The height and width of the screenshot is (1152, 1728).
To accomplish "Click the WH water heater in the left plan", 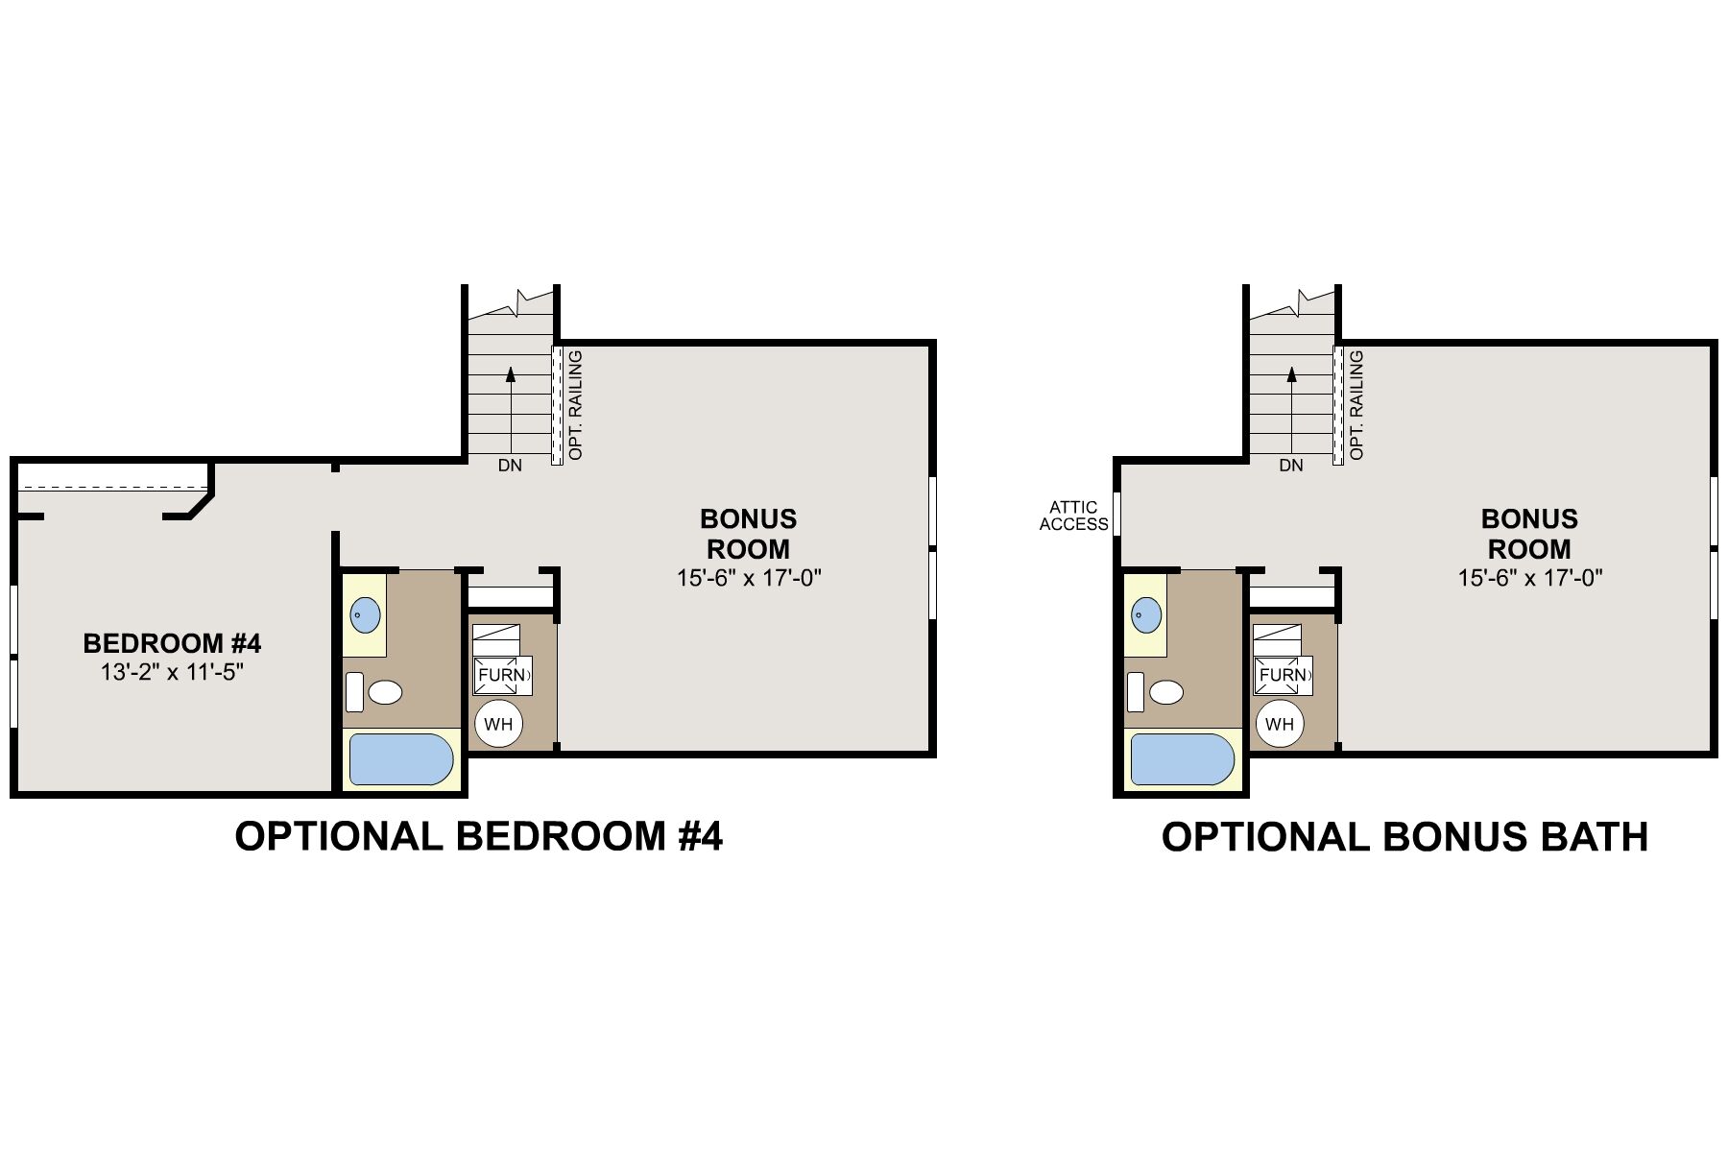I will click(498, 724).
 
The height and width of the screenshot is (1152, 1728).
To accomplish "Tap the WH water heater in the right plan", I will click(1280, 724).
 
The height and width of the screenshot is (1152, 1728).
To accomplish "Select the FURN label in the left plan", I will click(502, 675).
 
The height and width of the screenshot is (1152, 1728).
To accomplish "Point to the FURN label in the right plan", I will click(1284, 675).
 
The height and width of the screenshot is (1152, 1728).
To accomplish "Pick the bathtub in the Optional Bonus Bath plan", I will click(1182, 760).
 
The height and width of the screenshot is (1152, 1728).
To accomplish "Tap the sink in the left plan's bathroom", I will click(365, 613).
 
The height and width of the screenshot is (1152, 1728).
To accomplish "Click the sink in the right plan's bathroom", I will click(1146, 613).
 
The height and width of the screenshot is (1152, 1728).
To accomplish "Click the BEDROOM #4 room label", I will click(172, 642).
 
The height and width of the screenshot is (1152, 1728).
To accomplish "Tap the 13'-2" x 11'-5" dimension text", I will click(172, 672).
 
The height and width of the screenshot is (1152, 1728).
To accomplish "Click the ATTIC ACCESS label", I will click(1073, 516).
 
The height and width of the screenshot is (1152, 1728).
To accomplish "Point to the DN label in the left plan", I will click(510, 467).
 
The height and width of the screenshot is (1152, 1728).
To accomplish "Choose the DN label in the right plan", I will click(1291, 467).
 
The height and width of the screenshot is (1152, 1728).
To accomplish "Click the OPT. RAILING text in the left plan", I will click(576, 405).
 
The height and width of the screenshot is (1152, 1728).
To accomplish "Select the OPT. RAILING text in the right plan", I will click(1357, 405).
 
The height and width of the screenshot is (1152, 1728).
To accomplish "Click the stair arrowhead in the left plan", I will click(511, 374).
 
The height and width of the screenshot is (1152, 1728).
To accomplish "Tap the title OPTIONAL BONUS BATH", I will click(1404, 837).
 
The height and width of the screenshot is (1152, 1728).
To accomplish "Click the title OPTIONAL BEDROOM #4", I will click(478, 837).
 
